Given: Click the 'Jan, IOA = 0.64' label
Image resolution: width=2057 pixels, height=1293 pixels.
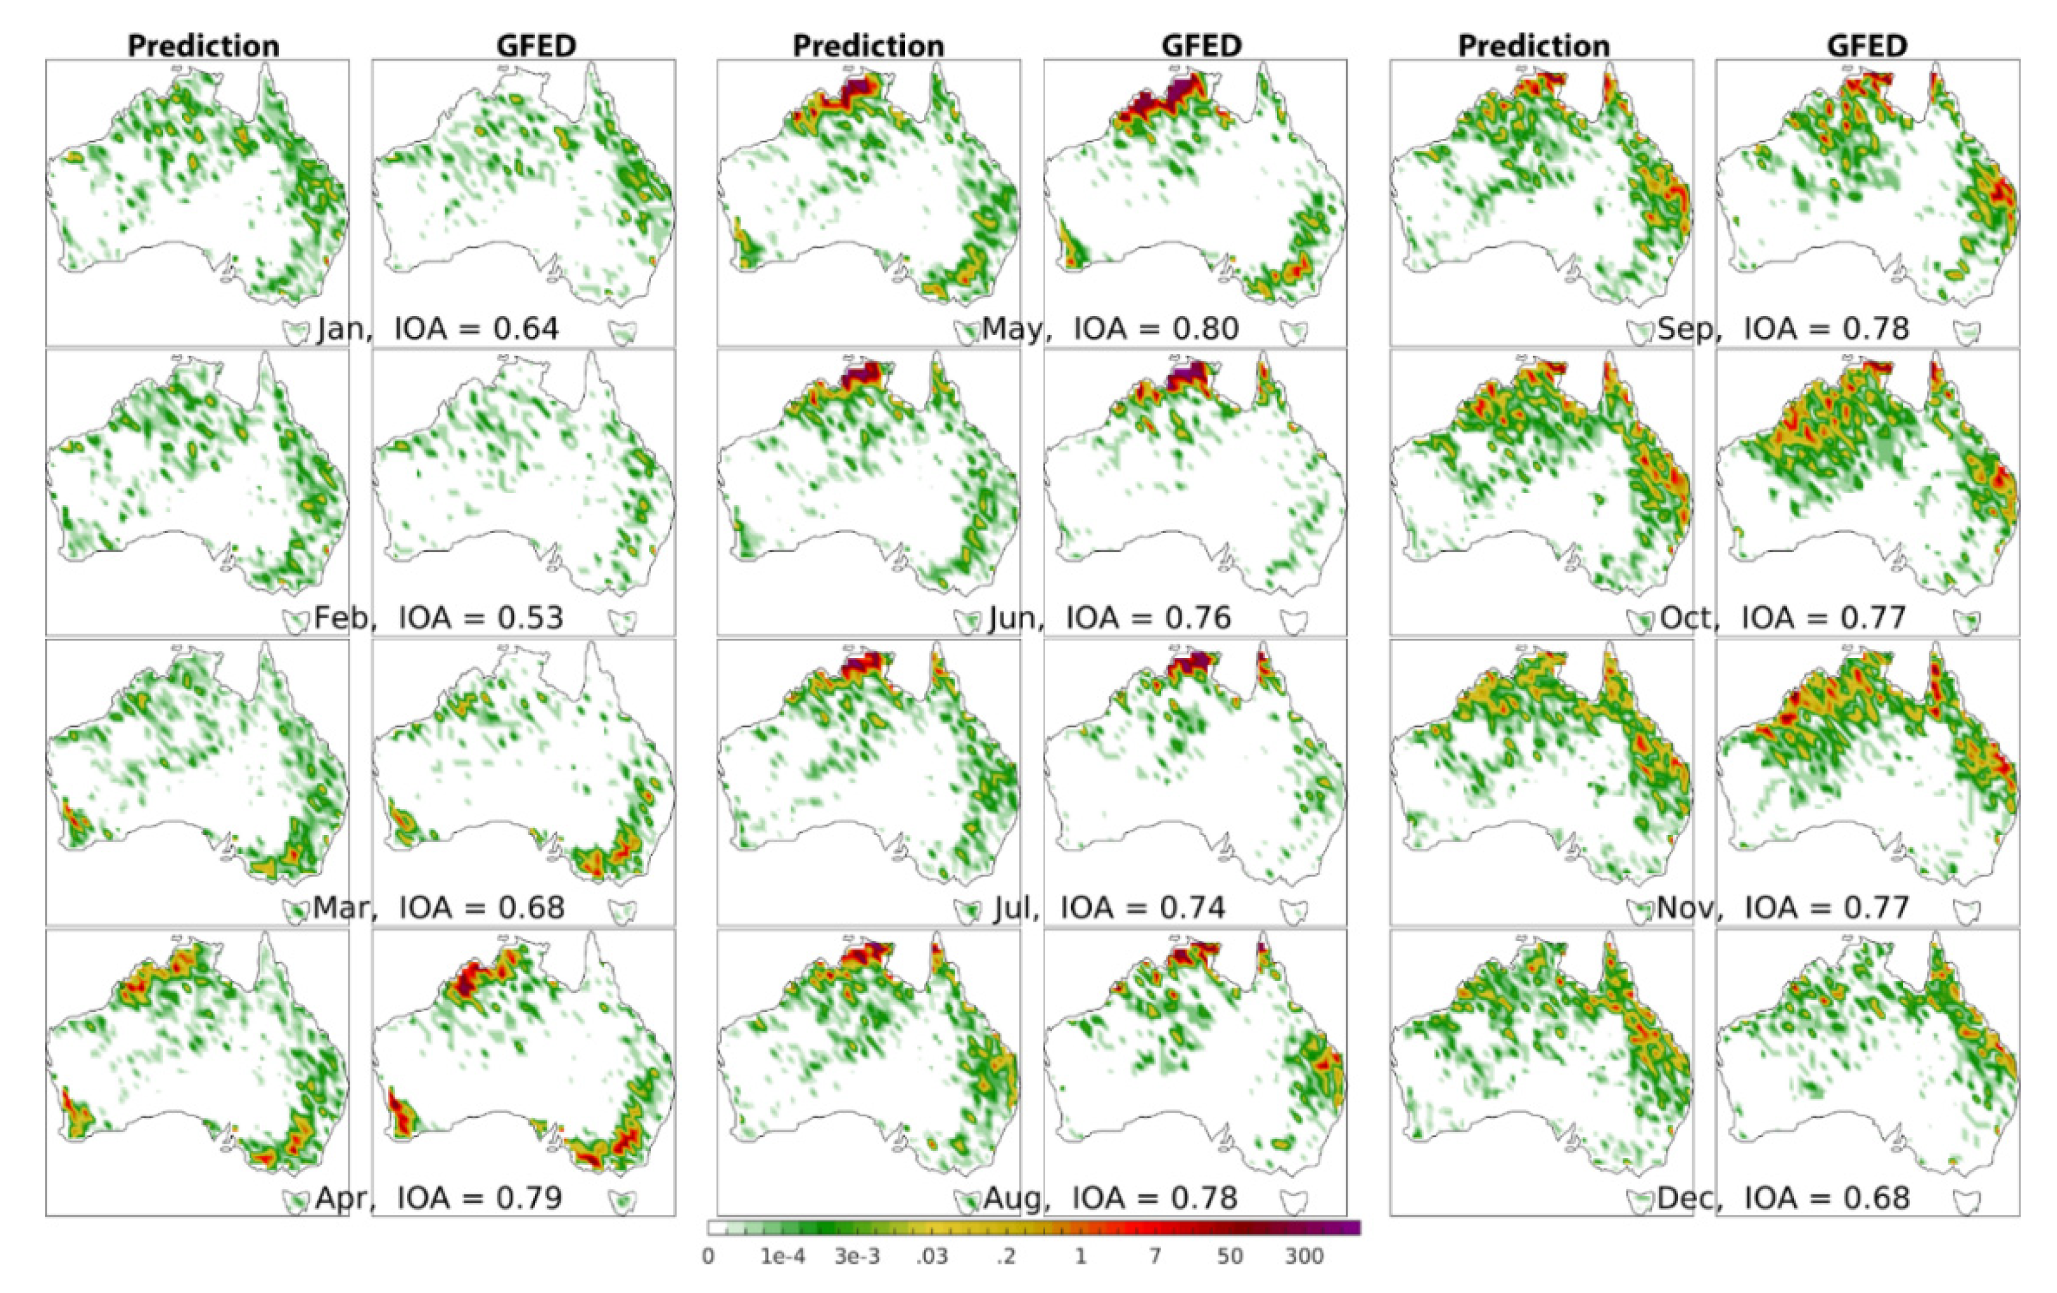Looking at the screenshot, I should tap(438, 328).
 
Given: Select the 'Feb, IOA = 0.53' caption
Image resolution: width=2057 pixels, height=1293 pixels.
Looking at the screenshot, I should tap(438, 617).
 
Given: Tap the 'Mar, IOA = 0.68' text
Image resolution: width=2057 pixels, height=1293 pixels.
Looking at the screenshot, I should tap(438, 907).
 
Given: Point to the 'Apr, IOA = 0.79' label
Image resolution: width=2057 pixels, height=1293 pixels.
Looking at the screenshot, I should tap(438, 1197).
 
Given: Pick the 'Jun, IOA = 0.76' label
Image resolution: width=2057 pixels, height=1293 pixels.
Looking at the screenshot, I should tap(1109, 617).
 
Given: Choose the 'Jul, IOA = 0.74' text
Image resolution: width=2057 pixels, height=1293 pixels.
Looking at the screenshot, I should tap(1109, 907).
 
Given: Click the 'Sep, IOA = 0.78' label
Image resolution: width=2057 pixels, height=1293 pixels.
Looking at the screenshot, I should tap(1783, 328).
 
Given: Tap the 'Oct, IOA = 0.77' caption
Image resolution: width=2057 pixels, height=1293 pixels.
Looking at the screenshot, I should tap(1783, 617).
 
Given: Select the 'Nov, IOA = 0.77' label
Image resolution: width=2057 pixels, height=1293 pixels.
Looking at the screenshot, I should tap(1783, 907).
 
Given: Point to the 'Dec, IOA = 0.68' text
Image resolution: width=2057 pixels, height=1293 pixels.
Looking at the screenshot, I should tap(1783, 1197).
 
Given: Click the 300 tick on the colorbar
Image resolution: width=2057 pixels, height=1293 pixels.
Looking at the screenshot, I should tap(1304, 1256).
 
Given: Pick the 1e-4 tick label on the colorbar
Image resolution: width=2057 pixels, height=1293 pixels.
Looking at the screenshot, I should tap(783, 1256).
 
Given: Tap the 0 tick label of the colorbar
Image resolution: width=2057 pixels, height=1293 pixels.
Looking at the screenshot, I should tap(708, 1256).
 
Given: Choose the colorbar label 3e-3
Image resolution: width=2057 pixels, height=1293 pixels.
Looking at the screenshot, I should tap(857, 1256).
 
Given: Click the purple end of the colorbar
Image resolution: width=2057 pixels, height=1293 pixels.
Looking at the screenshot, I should tap(1349, 1228).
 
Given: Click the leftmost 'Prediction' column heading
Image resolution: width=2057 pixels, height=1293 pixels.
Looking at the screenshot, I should tap(203, 45).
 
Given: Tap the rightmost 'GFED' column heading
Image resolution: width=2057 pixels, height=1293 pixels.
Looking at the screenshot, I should tap(1867, 45).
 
